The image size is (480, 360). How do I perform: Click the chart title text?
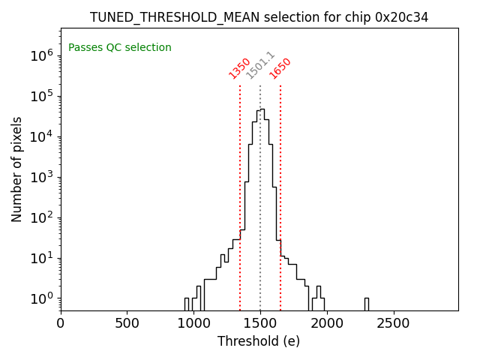[259, 17]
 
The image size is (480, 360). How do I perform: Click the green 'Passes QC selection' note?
[120, 48]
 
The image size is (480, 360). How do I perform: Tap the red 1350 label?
[240, 68]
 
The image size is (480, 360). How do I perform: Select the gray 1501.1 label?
[260, 66]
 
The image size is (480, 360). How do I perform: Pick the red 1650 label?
[280, 68]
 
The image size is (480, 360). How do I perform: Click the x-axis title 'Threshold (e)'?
[259, 341]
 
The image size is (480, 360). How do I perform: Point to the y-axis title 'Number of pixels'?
[17, 169]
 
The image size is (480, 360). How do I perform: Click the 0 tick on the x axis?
[61, 324]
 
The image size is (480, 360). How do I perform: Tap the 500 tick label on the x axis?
[127, 324]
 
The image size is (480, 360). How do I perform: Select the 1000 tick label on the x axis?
[193, 324]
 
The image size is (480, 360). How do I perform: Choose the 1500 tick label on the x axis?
[260, 324]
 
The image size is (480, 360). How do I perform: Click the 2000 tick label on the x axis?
[326, 324]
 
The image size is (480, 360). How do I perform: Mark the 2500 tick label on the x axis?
[393, 324]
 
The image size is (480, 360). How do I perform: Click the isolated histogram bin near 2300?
[366, 304]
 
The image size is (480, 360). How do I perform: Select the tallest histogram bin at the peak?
[262, 210]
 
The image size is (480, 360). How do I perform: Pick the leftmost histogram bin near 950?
[186, 304]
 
